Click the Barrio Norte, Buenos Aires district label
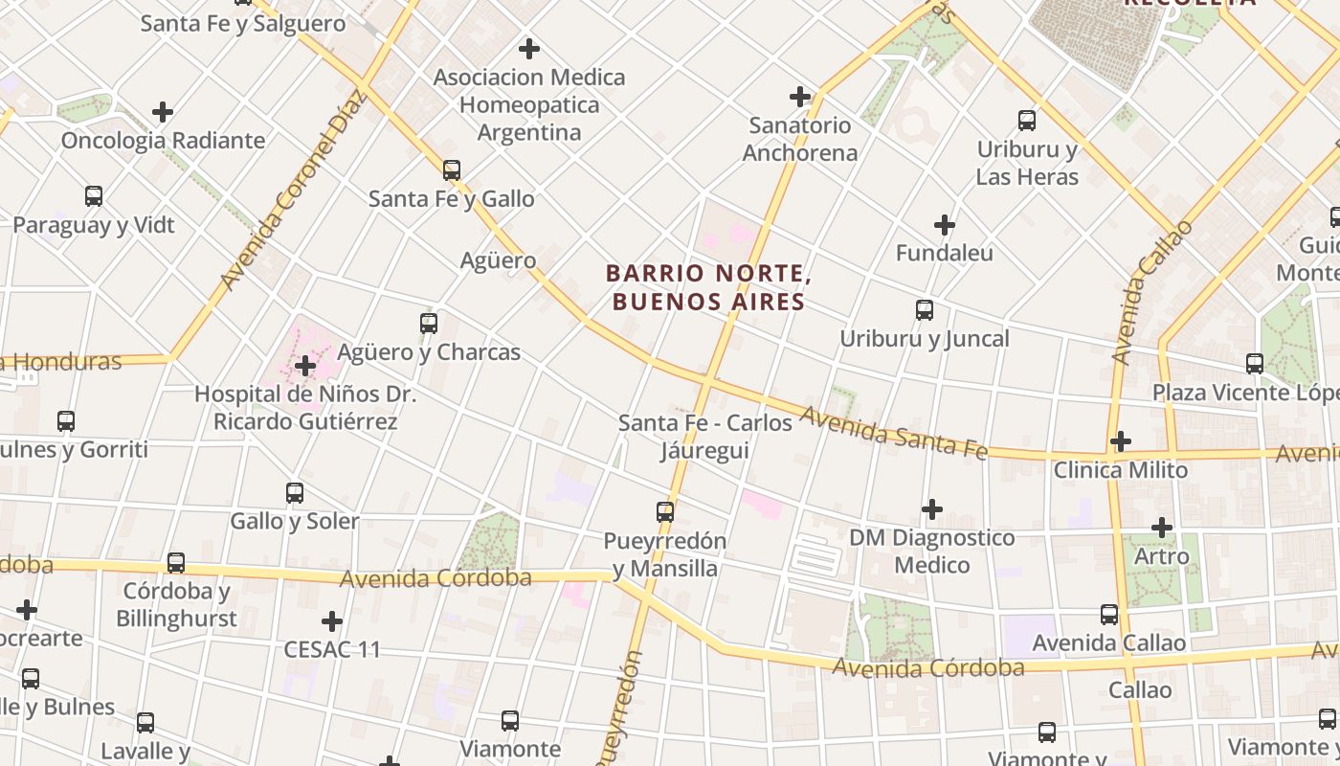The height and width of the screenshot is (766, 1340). coord(708,287)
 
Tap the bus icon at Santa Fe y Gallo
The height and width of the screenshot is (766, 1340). coord(452,170)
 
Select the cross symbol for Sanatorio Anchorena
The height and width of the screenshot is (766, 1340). coord(800,97)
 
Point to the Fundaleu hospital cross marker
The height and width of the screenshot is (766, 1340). coord(945,225)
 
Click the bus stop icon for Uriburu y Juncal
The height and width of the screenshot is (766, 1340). coord(925,310)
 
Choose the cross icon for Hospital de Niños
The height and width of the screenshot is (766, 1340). coord(305,366)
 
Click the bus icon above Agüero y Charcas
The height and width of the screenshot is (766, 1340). coord(429,324)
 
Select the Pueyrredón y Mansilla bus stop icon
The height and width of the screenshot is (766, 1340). coord(665,512)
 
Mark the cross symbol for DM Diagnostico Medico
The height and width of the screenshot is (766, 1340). coord(932,509)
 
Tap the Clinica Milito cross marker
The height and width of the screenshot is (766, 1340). coord(1121,441)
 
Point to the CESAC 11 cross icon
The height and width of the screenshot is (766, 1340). coord(332,621)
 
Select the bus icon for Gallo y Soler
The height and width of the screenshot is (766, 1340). coord(295,493)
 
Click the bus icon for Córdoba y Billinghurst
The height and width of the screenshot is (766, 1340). coord(176,563)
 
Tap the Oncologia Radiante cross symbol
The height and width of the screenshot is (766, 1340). coord(163,112)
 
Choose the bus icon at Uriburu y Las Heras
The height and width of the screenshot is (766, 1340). coord(1027,121)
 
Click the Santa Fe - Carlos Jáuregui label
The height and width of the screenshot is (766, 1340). coord(705,437)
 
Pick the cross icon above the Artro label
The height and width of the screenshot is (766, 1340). coord(1162,528)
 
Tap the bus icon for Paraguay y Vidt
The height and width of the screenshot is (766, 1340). coord(94,196)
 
